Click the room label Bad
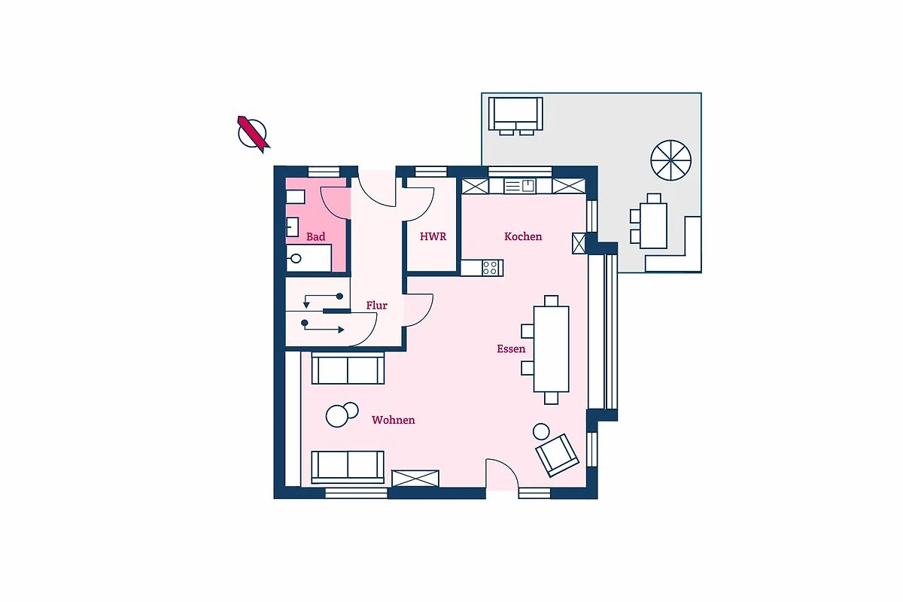315,237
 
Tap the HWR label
433,237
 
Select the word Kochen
523,237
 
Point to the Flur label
376,306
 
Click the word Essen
511,348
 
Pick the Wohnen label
393,420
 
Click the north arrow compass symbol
253,134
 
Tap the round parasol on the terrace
670,160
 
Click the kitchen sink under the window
520,186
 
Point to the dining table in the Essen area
551,349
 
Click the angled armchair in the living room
558,455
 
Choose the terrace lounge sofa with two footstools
515,116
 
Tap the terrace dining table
653,226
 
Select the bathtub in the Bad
309,258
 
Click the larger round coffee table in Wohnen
336,416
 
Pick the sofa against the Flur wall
348,368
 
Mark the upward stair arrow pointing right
323,327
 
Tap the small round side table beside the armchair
541,432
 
